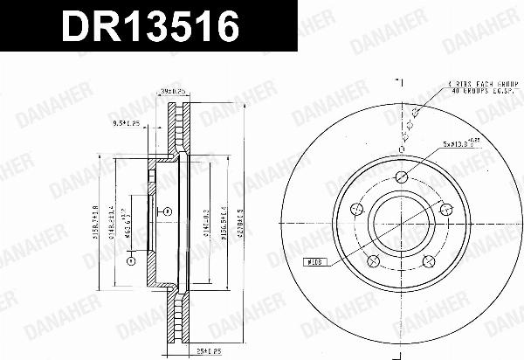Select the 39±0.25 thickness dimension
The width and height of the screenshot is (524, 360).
pyautogui.click(x=177, y=91)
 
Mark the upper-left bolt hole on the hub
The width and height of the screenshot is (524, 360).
pyautogui.click(x=357, y=209)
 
